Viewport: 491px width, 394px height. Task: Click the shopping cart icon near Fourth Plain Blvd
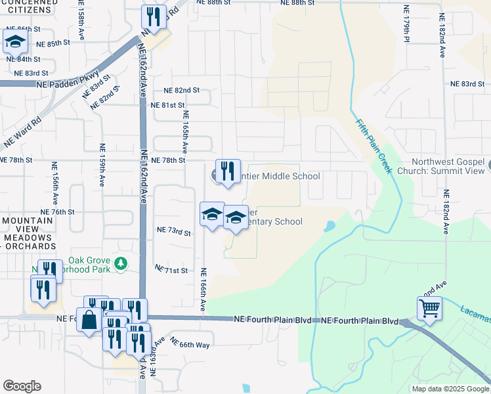click(x=429, y=307)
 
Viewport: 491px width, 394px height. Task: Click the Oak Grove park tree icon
click(x=120, y=264)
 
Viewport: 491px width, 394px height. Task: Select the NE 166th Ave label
click(x=203, y=290)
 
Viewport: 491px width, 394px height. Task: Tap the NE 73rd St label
click(x=174, y=232)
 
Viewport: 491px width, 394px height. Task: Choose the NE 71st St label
click(x=171, y=270)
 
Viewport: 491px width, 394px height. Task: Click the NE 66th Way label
click(x=190, y=344)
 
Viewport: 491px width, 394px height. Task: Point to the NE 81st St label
click(x=168, y=105)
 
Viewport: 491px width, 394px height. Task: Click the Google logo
click(x=22, y=385)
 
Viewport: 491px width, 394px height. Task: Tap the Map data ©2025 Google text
click(x=449, y=389)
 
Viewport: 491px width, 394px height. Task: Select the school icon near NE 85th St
click(x=15, y=42)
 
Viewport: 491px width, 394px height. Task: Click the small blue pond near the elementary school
click(x=329, y=227)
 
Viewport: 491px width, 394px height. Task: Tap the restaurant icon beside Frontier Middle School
click(x=228, y=172)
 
